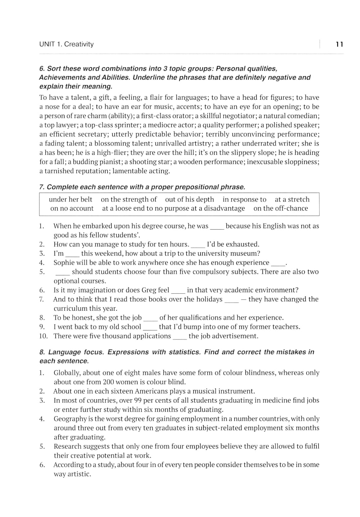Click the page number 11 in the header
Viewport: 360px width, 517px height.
(339, 44)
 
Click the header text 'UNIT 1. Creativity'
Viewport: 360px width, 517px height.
(66, 44)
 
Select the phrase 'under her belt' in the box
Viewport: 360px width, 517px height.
(71, 199)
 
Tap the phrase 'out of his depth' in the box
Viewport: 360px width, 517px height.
(189, 199)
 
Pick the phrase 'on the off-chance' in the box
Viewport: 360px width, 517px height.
(281, 208)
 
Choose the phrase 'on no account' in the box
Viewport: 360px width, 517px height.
(72, 208)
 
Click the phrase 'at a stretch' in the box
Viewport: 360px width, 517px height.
(292, 199)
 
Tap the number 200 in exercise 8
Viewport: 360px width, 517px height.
(109, 382)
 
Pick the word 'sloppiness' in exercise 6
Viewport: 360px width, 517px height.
(301, 162)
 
